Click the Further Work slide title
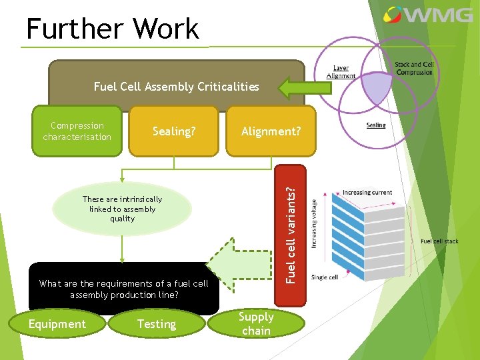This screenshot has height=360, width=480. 112,29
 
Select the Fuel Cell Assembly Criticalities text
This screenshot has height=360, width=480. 176,87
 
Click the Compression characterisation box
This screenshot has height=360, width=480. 77,131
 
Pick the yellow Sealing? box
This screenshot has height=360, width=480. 174,131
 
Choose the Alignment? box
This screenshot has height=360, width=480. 271,131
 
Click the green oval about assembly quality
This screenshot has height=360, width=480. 122,209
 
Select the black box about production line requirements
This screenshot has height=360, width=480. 123,289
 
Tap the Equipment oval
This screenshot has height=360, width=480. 57,324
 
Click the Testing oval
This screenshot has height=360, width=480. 156,324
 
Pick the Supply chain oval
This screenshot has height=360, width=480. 257,323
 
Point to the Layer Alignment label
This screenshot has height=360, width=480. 341,72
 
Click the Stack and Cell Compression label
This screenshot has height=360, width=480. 414,69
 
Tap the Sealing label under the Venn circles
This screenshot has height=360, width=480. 376,125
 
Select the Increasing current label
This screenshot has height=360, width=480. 367,192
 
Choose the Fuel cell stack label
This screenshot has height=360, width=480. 439,241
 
